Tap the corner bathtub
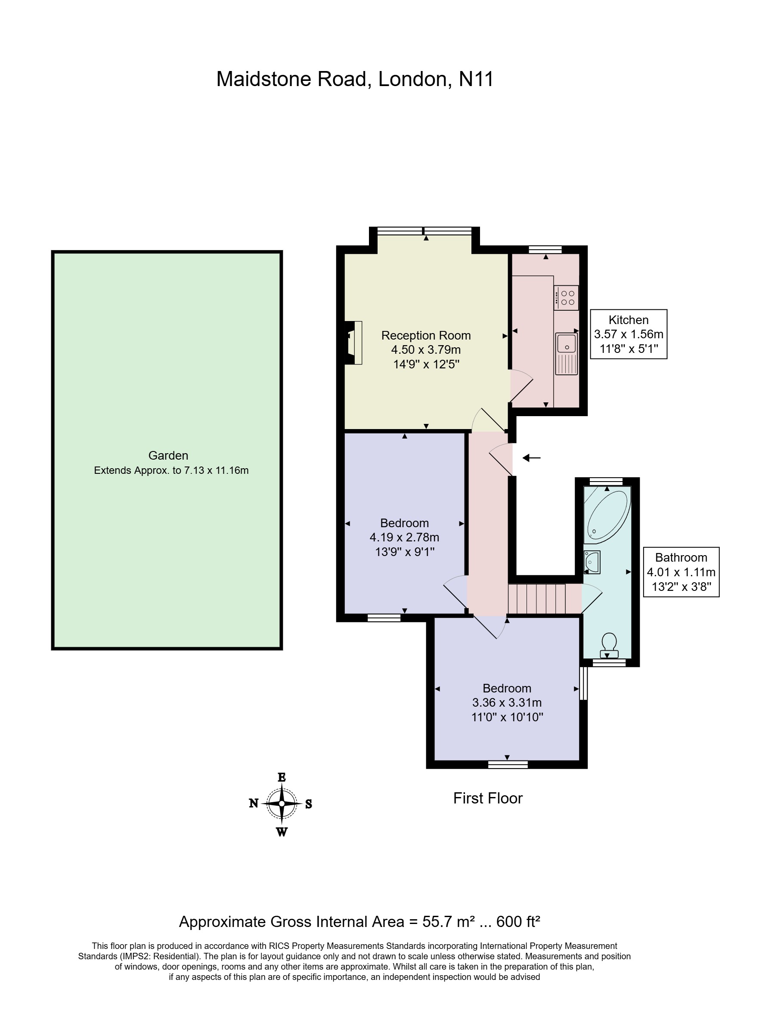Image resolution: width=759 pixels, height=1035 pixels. (607, 517)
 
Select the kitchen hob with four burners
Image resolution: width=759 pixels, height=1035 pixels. (566, 297)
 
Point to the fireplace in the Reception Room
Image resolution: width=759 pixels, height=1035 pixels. (354, 343)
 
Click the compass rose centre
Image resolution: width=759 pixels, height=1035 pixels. (282, 803)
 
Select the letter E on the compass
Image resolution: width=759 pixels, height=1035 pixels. (282, 777)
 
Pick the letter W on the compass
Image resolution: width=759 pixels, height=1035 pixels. (282, 831)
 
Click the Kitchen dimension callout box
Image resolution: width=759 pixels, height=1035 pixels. (629, 334)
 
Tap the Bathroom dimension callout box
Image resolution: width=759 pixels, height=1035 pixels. (681, 572)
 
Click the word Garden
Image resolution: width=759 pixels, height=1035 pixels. (168, 455)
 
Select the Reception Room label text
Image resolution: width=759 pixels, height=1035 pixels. (426, 335)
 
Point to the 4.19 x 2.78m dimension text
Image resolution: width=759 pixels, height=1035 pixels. (404, 537)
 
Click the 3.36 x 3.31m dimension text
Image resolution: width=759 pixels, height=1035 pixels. (507, 702)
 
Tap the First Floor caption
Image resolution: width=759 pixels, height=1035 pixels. (488, 798)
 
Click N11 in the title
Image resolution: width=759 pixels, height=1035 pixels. (476, 79)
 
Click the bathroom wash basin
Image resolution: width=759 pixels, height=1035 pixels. (592, 562)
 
